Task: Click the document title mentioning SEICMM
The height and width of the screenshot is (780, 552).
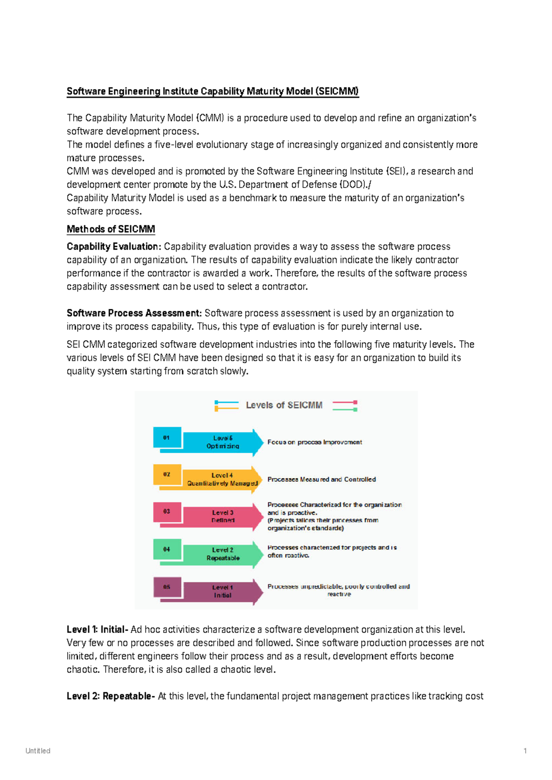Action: [213, 91]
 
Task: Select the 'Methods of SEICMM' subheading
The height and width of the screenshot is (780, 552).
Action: [111, 229]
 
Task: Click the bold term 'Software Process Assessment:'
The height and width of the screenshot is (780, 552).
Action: [134, 313]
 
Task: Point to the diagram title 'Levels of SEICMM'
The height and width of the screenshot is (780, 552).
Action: [284, 405]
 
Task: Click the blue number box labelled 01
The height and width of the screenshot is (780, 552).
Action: [167, 438]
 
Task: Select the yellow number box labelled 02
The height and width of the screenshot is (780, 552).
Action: [167, 474]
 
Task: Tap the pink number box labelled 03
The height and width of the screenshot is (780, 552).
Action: [167, 512]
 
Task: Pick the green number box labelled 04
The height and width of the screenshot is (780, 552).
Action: [167, 549]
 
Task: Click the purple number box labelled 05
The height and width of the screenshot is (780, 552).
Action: [167, 587]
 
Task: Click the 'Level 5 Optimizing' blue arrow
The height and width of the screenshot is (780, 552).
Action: [223, 442]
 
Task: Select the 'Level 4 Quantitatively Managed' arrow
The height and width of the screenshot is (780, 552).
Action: [223, 479]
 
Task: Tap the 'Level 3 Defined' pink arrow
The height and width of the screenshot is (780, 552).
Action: [223, 517]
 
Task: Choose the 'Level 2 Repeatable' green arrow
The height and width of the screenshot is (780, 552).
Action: [223, 554]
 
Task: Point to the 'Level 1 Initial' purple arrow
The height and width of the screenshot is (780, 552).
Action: [223, 592]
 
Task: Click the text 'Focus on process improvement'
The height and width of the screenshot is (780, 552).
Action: [315, 442]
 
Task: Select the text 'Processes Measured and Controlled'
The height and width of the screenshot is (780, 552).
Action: [322, 479]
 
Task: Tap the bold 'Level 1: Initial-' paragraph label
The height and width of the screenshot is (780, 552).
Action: [97, 629]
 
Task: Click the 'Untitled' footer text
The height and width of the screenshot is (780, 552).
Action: [38, 751]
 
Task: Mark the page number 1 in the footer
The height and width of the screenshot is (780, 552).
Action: [525, 751]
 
